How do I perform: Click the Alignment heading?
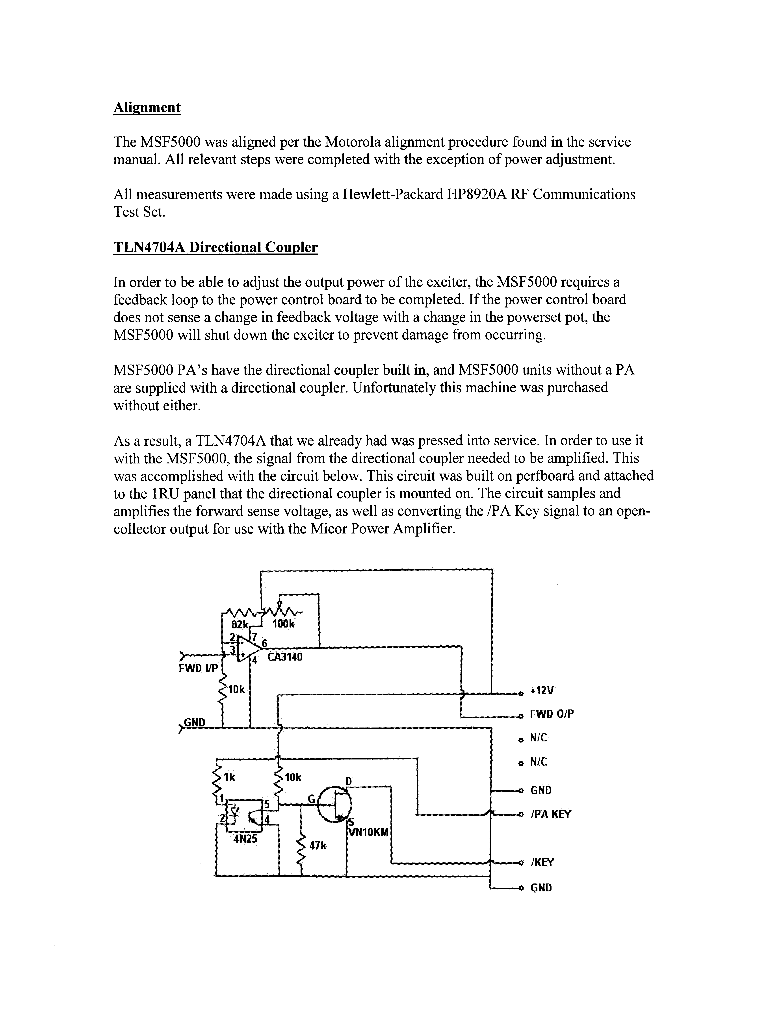click(x=147, y=107)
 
